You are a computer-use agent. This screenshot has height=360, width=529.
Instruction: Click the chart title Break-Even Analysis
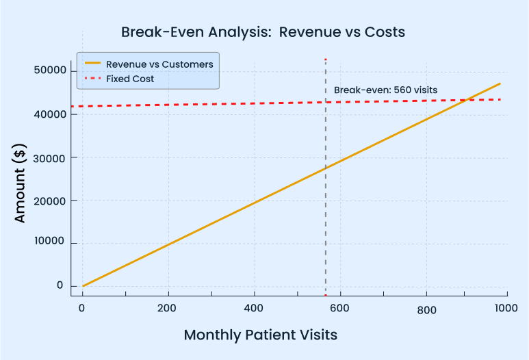[x=263, y=32]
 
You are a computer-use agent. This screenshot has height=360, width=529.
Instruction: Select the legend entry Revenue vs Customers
[x=159, y=64]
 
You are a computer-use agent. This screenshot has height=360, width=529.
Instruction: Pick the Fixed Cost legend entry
[x=130, y=79]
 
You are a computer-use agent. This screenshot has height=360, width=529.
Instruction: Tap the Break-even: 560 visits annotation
[x=385, y=90]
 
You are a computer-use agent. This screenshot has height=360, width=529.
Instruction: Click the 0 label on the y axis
[x=60, y=286]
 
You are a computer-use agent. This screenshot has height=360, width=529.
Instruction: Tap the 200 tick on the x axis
[x=168, y=309]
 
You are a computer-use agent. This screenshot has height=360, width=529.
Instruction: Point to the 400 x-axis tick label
[x=254, y=309]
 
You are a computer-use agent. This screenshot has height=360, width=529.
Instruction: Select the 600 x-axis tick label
[x=340, y=309]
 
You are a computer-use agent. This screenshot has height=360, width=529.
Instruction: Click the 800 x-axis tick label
[x=426, y=310]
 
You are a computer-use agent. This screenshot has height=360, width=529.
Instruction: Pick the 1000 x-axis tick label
[x=506, y=309]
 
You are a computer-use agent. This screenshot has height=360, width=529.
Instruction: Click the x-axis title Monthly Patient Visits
[x=260, y=335]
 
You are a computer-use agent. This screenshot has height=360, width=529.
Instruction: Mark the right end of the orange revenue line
[x=500, y=83]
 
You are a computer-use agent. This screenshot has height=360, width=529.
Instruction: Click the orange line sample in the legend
[x=92, y=64]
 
